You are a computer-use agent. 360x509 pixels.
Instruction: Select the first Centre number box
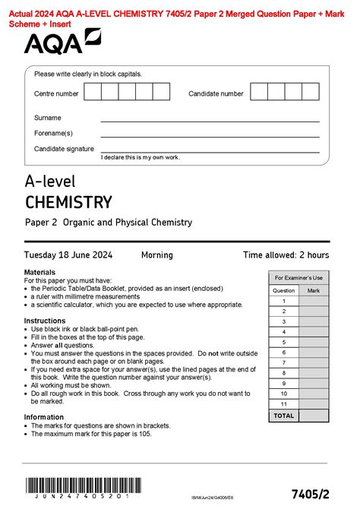[x=93, y=92]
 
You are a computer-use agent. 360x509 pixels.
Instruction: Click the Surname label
[x=48, y=118]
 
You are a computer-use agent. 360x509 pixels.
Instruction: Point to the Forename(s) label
[x=52, y=133]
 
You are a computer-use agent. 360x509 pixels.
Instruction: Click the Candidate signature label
[x=64, y=148]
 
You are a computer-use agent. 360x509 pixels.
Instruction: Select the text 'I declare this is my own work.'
[x=140, y=157]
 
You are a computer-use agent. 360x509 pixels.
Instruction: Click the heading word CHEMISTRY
[x=68, y=202]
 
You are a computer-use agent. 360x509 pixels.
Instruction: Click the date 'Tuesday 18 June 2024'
[x=66, y=255]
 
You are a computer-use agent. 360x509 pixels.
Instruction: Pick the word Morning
[x=157, y=255]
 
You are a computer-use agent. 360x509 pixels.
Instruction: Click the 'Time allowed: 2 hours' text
[x=286, y=255]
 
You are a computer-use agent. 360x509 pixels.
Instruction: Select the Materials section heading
[x=39, y=272]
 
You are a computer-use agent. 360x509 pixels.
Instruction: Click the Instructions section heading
[x=45, y=321]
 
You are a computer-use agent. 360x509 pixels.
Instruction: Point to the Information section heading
[x=44, y=417]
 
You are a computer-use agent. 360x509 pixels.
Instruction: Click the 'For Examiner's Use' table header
[x=298, y=277]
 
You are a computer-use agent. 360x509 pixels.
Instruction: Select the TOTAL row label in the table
[x=283, y=416]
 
